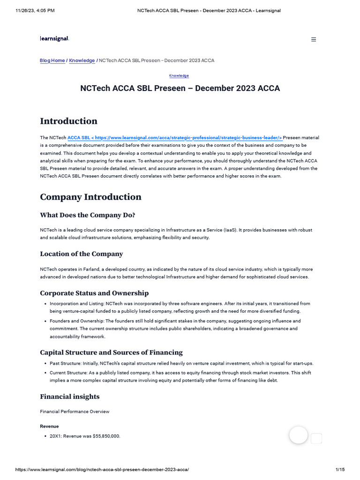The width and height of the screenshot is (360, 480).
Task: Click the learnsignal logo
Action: point(54,39)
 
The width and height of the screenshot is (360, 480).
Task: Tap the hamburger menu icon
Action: point(314,40)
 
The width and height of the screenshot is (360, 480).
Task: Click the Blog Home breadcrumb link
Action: point(52,60)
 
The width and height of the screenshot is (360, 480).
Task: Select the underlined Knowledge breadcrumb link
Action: point(82,60)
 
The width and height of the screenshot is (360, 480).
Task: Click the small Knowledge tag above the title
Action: point(179,75)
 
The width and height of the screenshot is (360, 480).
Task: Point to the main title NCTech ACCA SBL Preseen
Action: point(180,89)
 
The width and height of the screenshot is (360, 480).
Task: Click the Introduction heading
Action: point(68,121)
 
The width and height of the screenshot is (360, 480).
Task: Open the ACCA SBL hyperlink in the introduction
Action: point(175,138)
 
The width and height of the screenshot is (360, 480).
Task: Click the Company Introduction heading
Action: point(90,197)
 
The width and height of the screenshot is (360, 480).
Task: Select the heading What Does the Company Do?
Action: point(88,215)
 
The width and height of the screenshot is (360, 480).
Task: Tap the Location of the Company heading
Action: point(82,254)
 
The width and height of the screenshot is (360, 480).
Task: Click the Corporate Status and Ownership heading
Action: point(94,293)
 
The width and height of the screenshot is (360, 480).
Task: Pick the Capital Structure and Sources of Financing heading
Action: point(111,352)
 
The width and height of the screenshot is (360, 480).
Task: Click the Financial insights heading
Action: point(70,397)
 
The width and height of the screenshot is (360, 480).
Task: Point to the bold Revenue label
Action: point(49,427)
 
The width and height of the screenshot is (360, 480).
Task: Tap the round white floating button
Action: point(298,435)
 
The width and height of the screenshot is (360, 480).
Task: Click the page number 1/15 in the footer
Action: point(340,469)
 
